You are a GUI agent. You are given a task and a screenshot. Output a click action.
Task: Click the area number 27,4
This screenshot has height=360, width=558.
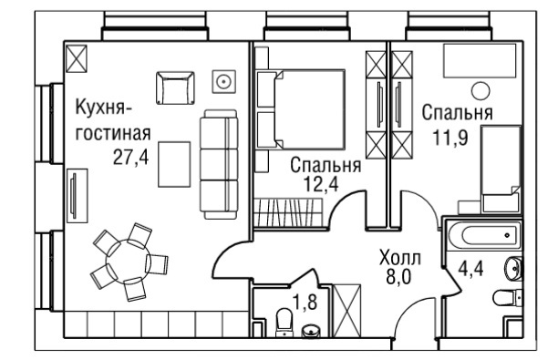(x=130, y=157)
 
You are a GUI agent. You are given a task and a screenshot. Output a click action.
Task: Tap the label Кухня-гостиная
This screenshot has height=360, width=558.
(x=113, y=120)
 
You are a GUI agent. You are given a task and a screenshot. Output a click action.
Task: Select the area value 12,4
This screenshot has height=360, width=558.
(x=320, y=184)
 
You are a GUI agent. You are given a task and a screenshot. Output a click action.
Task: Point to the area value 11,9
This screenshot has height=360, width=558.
(x=450, y=138)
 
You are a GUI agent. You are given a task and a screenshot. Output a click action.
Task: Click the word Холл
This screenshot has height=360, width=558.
(x=400, y=258)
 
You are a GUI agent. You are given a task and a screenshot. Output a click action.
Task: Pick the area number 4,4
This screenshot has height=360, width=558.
(x=470, y=268)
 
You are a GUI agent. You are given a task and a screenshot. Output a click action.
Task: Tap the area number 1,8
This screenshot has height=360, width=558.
(x=305, y=303)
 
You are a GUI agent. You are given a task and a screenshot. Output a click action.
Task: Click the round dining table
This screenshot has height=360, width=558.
(x=129, y=262)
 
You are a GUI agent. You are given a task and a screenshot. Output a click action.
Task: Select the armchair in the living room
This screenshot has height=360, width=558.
(x=175, y=87)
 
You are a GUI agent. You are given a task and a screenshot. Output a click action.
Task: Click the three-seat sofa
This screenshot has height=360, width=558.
(x=219, y=164)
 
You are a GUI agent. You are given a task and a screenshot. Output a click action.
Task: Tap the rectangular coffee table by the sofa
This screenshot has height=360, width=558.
(x=174, y=164)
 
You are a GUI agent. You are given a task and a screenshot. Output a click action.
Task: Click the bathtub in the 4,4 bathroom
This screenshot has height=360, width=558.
(x=483, y=235)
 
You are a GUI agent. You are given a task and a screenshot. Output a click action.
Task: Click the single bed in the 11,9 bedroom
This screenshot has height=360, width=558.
(x=501, y=169)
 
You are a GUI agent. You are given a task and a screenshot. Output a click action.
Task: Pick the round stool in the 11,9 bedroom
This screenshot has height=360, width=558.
(x=480, y=90)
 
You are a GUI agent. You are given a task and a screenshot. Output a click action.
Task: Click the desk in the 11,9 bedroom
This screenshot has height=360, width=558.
(x=480, y=60)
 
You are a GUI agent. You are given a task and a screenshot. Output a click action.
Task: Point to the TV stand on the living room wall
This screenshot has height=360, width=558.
(x=77, y=196)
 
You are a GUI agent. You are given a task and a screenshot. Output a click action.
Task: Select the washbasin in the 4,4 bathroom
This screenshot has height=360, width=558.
(x=514, y=267)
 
